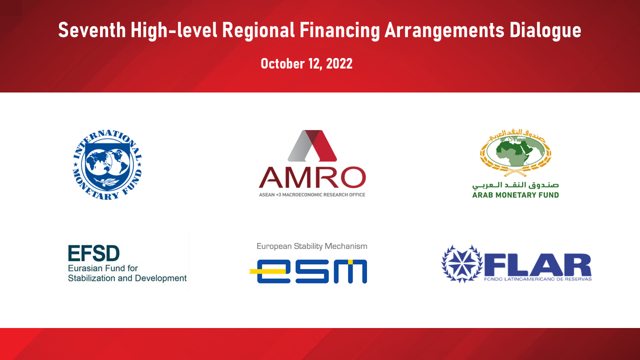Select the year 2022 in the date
[x=339, y=63]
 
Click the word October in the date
[x=282, y=63]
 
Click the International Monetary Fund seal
[x=107, y=164]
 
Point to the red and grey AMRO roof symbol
[x=312, y=145]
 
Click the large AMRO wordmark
[x=312, y=177]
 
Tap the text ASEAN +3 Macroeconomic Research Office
[x=312, y=195]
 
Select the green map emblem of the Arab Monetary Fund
[x=515, y=152]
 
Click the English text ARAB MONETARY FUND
[x=515, y=195]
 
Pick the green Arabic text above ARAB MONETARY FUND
[x=515, y=185]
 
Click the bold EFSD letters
[x=93, y=253]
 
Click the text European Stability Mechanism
[x=312, y=246]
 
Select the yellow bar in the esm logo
[x=267, y=271]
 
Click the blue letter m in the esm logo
[x=350, y=271]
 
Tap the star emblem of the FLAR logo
[x=461, y=263]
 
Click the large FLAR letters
[x=537, y=265]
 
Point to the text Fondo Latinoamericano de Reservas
[x=537, y=279]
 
